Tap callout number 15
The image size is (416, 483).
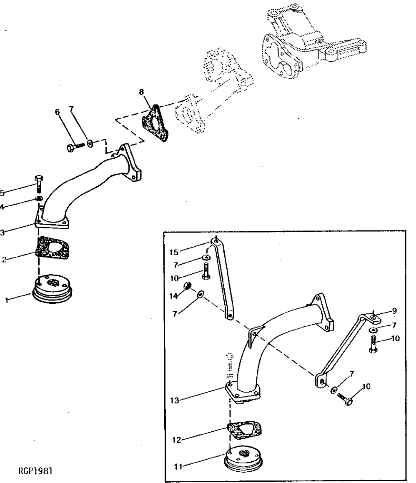click(x=174, y=252)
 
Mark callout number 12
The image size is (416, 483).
click(x=177, y=440)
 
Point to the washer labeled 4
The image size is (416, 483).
click(x=39, y=198)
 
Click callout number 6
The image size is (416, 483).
click(x=57, y=111)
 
